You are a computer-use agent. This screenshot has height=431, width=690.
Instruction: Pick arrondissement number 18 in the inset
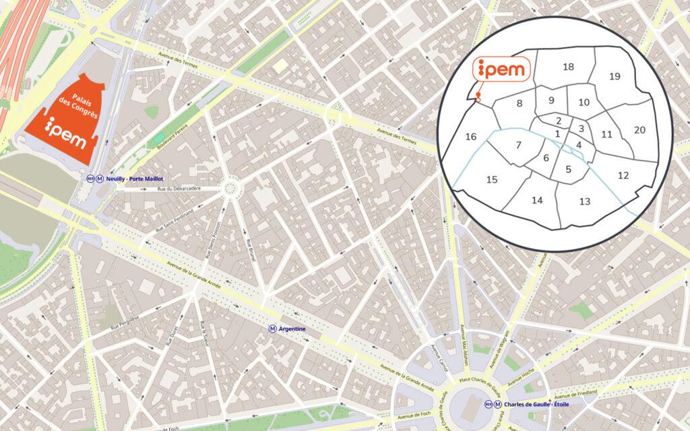pyautogui.click(x=568, y=67)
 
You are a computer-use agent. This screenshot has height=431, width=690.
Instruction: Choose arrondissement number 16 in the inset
pyautogui.click(x=471, y=137)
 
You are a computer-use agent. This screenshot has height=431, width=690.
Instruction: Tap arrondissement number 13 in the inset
pyautogui.click(x=584, y=201)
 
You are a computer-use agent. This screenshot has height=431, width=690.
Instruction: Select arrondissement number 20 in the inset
pyautogui.click(x=639, y=129)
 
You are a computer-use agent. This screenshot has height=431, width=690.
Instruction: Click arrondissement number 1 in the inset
pyautogui.click(x=557, y=133)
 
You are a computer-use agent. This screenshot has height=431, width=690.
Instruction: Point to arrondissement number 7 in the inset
pyautogui.click(x=518, y=145)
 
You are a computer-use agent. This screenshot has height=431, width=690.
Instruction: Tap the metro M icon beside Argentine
pyautogui.click(x=272, y=329)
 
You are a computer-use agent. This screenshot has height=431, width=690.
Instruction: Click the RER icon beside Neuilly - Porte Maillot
pyautogui.click(x=90, y=179)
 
